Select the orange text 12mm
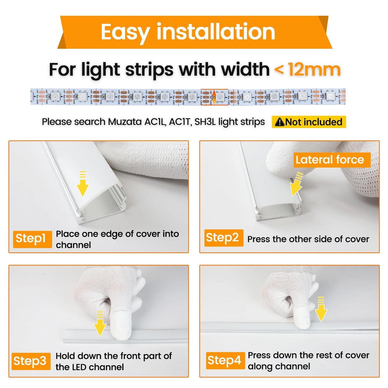point(314,70)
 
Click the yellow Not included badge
point(309,122)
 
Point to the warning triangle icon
point(280,122)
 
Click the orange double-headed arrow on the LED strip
point(214,97)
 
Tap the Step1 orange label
point(32,239)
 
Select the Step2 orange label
point(223,238)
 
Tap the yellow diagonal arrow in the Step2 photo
point(297,185)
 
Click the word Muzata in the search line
point(125,122)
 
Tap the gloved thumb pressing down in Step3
point(121,325)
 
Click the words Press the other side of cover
point(308,239)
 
